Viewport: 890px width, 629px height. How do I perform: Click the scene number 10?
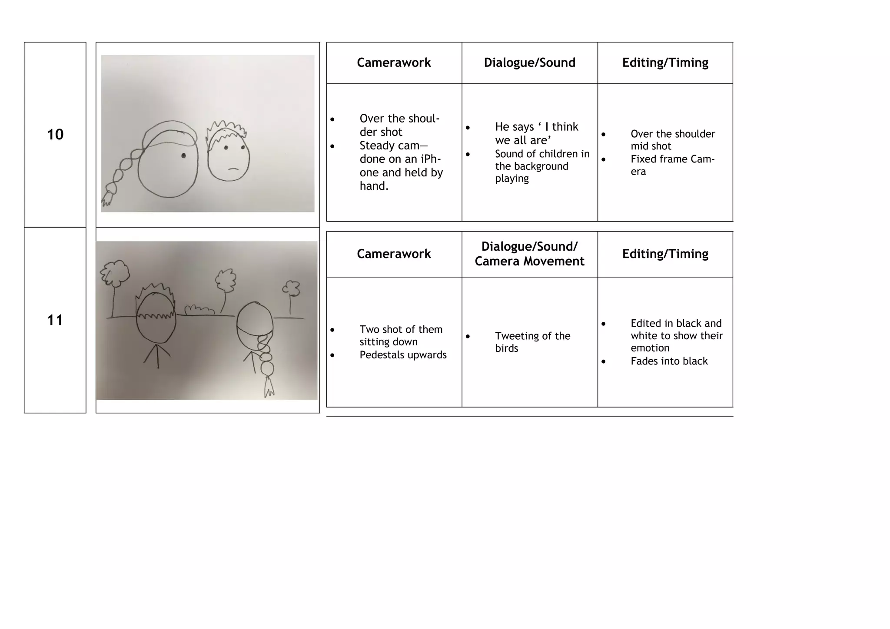(x=55, y=135)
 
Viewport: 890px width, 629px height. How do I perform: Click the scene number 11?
(x=55, y=320)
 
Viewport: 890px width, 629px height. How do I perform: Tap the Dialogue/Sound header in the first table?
(x=529, y=63)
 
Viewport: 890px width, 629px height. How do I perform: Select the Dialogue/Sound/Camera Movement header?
(x=529, y=254)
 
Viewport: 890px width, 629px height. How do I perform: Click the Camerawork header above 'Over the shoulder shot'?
(x=394, y=63)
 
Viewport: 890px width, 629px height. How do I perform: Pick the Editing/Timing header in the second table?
(x=665, y=254)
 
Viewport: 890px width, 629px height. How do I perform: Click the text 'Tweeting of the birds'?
(x=532, y=342)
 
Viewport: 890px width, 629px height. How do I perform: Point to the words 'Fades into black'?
(x=669, y=361)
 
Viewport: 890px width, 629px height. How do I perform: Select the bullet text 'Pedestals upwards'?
(x=403, y=355)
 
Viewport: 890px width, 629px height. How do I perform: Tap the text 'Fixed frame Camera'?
(x=672, y=165)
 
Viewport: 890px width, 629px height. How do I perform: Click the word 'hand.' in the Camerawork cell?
(x=374, y=186)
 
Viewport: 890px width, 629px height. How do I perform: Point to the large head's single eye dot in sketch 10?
(x=183, y=156)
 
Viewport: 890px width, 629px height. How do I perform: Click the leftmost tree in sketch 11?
(x=115, y=274)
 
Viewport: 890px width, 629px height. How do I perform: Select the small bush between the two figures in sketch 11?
(x=199, y=310)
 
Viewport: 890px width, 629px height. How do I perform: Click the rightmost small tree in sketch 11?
(x=291, y=288)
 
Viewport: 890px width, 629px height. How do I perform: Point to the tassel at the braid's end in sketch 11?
(x=269, y=387)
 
